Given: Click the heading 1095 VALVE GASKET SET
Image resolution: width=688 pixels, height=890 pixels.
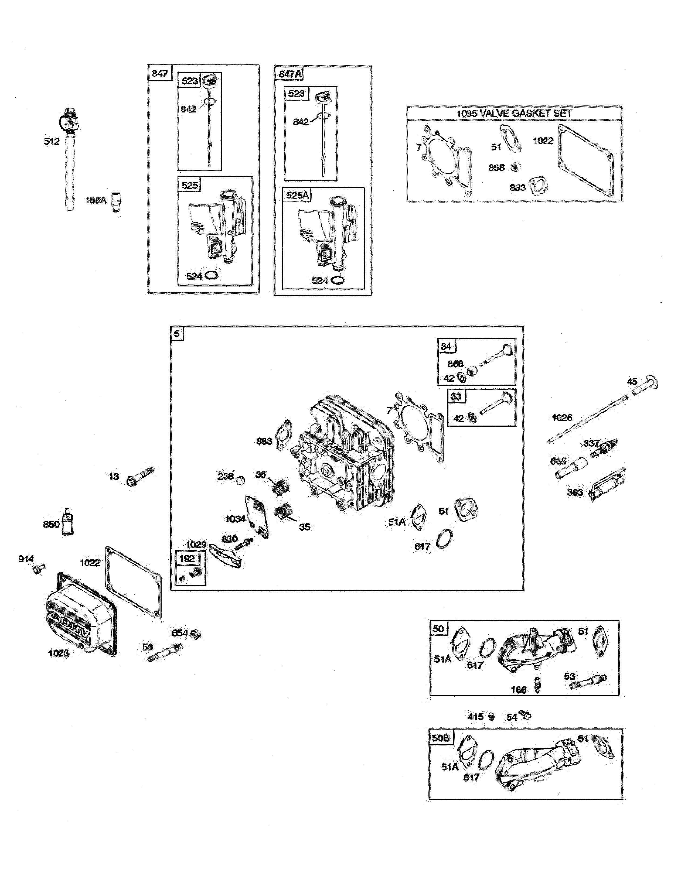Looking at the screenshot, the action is tap(514, 114).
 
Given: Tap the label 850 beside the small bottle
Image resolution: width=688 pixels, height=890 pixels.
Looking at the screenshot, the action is tap(51, 525).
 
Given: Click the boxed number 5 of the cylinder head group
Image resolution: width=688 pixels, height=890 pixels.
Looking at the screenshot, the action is tap(177, 334).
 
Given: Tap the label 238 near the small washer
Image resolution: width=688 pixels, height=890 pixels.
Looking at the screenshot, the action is tap(225, 476).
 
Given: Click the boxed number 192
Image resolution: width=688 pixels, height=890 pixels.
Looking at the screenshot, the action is tap(187, 558).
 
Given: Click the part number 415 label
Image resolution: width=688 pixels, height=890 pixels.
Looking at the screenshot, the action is tap(475, 716).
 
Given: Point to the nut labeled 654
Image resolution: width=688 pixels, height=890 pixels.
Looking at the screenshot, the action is tap(196, 634).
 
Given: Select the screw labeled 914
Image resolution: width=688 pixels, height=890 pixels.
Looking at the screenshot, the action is tap(39, 569).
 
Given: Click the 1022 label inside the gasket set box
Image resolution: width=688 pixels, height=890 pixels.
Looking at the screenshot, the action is tap(543, 141).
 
